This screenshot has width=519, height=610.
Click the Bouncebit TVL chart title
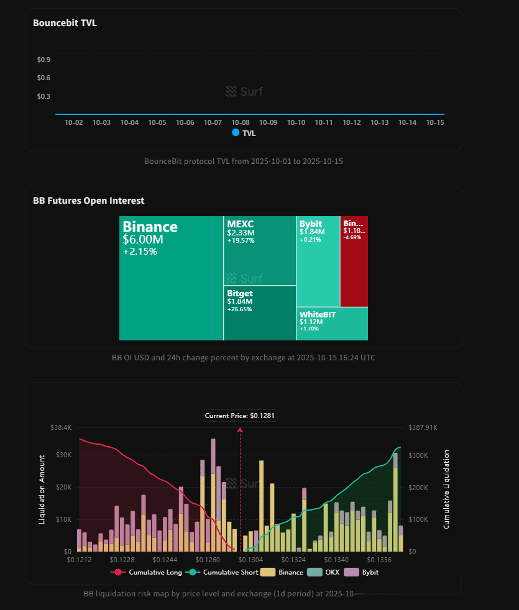click(x=65, y=23)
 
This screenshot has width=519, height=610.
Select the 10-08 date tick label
click(x=241, y=122)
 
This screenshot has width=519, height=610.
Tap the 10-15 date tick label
click(x=434, y=122)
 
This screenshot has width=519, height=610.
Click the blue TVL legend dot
click(x=236, y=133)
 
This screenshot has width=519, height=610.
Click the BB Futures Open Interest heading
click(x=88, y=201)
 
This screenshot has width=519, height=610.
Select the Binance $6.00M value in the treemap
click(x=144, y=239)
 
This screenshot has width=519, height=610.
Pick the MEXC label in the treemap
click(x=241, y=224)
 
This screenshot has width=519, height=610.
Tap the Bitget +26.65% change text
click(x=239, y=309)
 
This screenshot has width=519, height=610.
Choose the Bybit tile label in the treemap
click(x=310, y=224)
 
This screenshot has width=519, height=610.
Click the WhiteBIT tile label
click(x=317, y=314)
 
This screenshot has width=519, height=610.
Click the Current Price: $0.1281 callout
click(x=240, y=415)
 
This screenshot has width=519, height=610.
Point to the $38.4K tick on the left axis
click(x=60, y=428)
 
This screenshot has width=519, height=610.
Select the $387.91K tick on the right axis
click(x=423, y=428)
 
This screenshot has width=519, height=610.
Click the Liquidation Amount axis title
click(x=42, y=489)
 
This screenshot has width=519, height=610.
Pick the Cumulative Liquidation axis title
click(x=446, y=489)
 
